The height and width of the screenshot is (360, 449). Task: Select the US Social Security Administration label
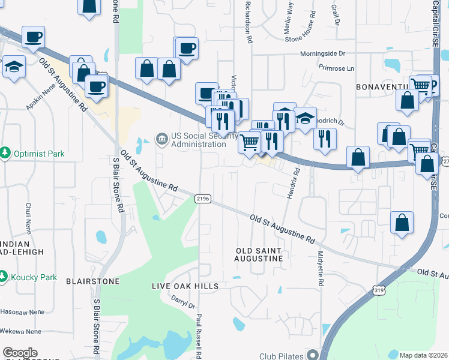pyautogui.click(x=198, y=140)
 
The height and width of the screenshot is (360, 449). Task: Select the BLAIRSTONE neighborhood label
pyautogui.click(x=93, y=281)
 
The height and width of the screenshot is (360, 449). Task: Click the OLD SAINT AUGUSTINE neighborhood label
pyautogui.click(x=259, y=254)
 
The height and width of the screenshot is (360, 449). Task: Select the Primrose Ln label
pyautogui.click(x=337, y=68)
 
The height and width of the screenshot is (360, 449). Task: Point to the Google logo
pyautogui.click(x=20, y=353)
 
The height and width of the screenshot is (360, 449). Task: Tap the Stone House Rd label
pyautogui.click(x=300, y=38)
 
